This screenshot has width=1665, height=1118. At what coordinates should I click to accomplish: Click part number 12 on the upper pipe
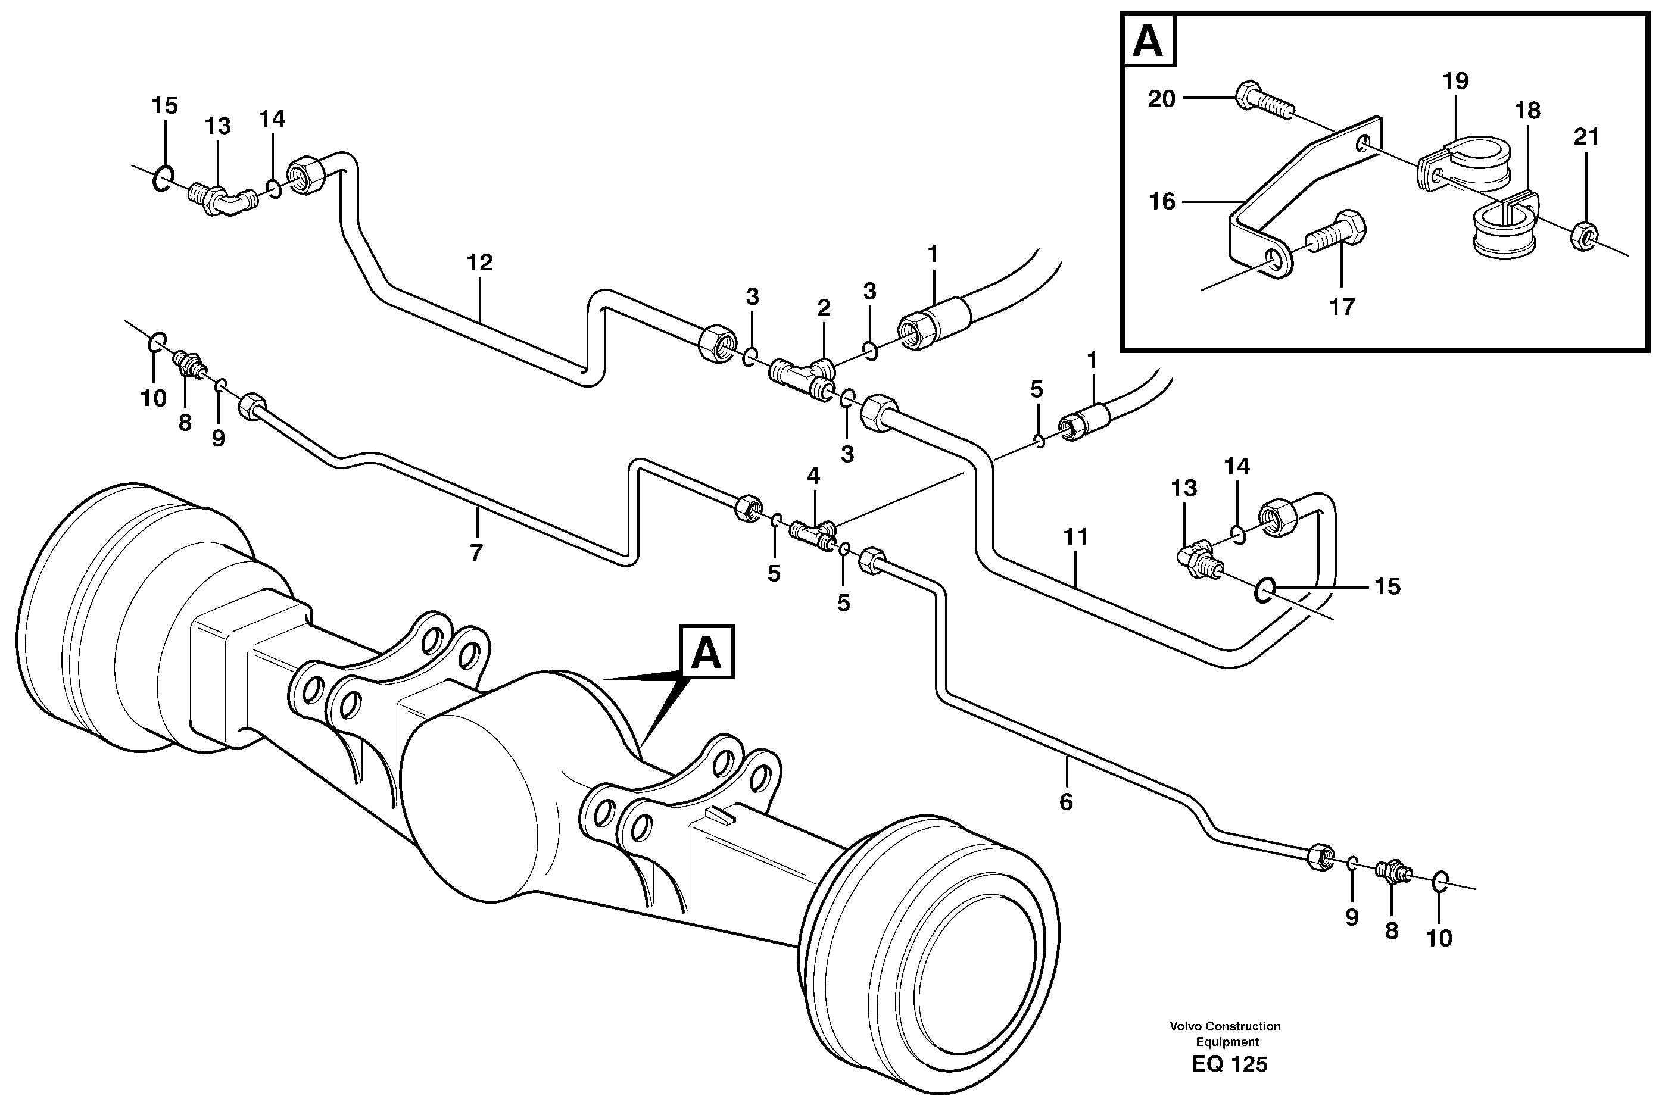pyautogui.click(x=479, y=263)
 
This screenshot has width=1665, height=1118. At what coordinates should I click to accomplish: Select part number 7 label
pyautogui.click(x=476, y=552)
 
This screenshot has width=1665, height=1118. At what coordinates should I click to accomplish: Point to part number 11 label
pyautogui.click(x=1075, y=537)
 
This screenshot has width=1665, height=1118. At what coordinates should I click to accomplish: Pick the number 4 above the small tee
pyautogui.click(x=813, y=476)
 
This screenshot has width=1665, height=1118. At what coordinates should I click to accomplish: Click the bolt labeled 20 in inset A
pyautogui.click(x=1261, y=101)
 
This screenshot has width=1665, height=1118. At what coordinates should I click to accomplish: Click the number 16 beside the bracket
pyautogui.click(x=1162, y=202)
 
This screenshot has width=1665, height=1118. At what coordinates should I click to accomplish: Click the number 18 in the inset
pyautogui.click(x=1527, y=111)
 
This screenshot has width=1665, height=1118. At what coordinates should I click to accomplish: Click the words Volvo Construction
pyautogui.click(x=1225, y=1026)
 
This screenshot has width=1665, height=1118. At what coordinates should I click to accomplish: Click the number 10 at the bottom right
pyautogui.click(x=1439, y=938)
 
